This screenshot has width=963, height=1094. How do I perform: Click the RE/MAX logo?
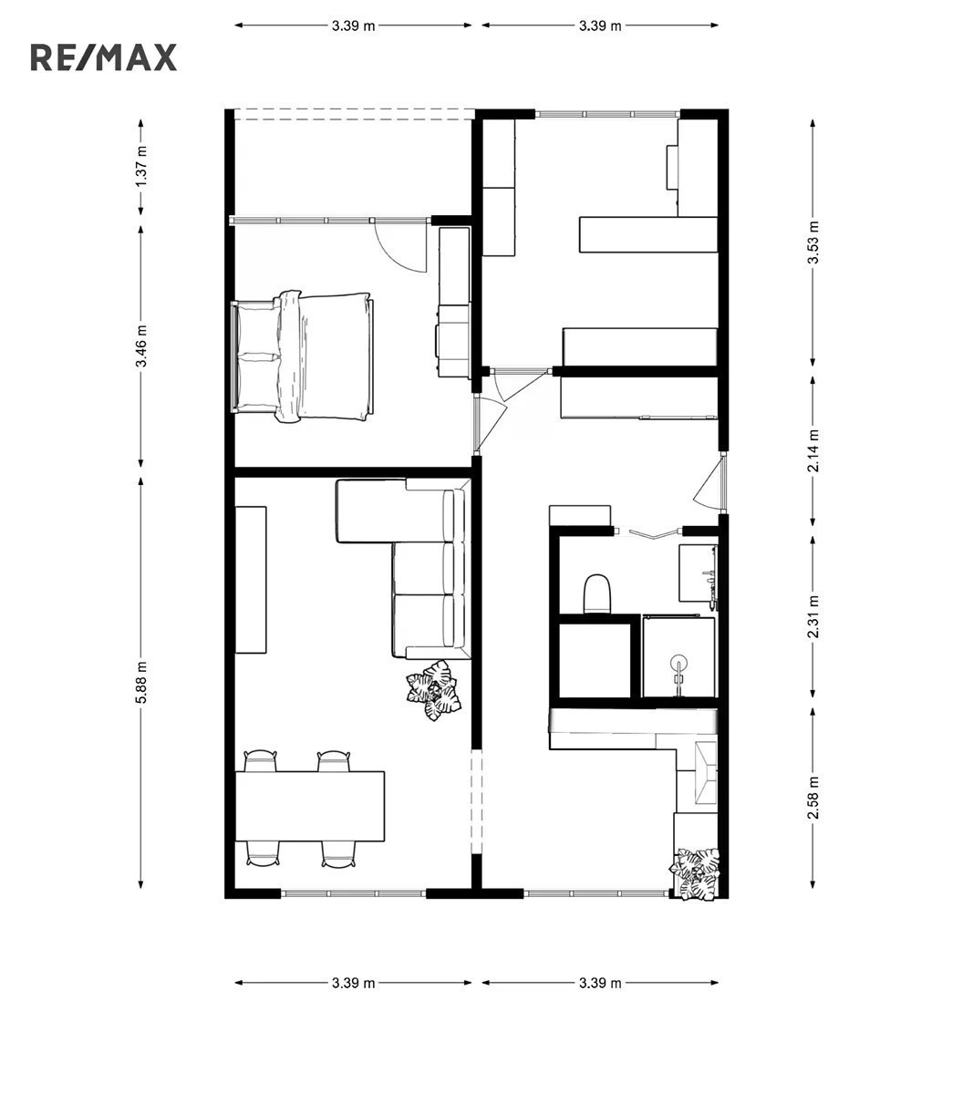coord(104,57)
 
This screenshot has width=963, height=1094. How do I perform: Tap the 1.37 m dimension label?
coord(141,166)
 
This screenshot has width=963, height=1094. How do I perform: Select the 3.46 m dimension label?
coord(141,346)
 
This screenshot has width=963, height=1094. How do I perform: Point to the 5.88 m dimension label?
coord(141,683)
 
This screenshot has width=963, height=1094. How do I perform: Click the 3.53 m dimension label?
coord(813,242)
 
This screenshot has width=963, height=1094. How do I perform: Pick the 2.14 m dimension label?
coord(813,451)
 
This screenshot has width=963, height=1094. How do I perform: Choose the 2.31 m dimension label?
coord(813,616)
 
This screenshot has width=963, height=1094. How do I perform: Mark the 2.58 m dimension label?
coord(813,797)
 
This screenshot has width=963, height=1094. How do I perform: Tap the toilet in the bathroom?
coord(596,593)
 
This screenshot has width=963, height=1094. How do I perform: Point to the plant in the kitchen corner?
coord(695,874)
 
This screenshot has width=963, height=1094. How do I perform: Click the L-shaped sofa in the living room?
coord(427,567)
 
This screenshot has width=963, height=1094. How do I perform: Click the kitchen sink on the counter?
coord(705,773)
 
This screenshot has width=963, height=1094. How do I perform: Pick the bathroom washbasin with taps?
coord(699,573)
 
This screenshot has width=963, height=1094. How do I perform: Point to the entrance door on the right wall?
coord(709,481)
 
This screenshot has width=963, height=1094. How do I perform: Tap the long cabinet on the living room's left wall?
coord(251,580)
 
